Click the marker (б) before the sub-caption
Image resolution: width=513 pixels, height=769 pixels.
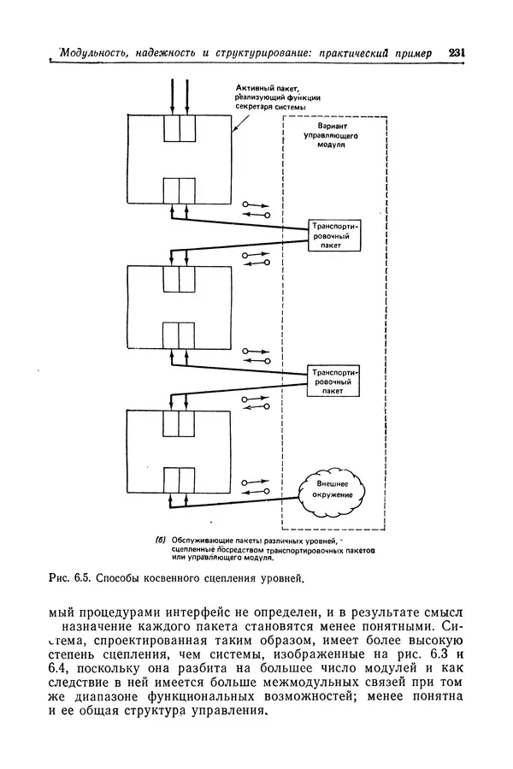click(x=159, y=540)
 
